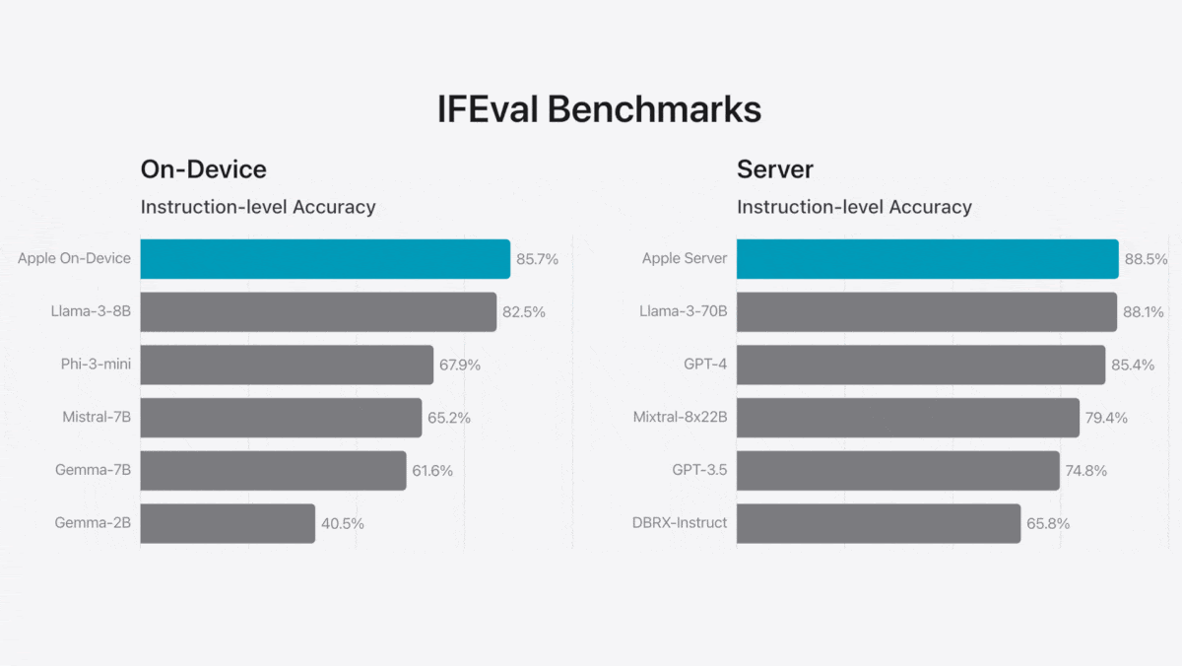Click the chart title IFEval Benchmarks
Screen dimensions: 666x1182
[x=599, y=109]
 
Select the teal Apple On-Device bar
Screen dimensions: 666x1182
[x=325, y=259]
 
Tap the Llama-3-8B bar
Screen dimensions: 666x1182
[x=318, y=312]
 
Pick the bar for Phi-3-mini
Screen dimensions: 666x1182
[x=287, y=365]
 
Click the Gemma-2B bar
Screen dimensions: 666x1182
[x=228, y=523]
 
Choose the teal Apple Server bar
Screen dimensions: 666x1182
[x=927, y=259]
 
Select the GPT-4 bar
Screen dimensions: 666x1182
[x=920, y=365]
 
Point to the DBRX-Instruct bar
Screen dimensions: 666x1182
[x=878, y=523]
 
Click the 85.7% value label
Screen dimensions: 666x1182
[x=537, y=259]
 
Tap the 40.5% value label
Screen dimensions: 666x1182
[x=343, y=523]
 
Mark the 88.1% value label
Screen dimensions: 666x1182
[x=1144, y=312]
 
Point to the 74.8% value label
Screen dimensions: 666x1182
[x=1085, y=471]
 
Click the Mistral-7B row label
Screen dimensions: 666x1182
[x=97, y=418]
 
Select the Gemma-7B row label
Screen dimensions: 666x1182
[x=94, y=471]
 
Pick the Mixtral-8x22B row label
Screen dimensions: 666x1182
[x=680, y=418]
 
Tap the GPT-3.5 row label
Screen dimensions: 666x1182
[x=699, y=471]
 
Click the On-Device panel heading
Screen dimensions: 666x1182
[x=204, y=169]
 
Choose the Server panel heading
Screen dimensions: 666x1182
[x=775, y=169]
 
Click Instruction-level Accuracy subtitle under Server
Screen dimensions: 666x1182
[x=854, y=207]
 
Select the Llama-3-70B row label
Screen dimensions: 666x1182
[x=683, y=312]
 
